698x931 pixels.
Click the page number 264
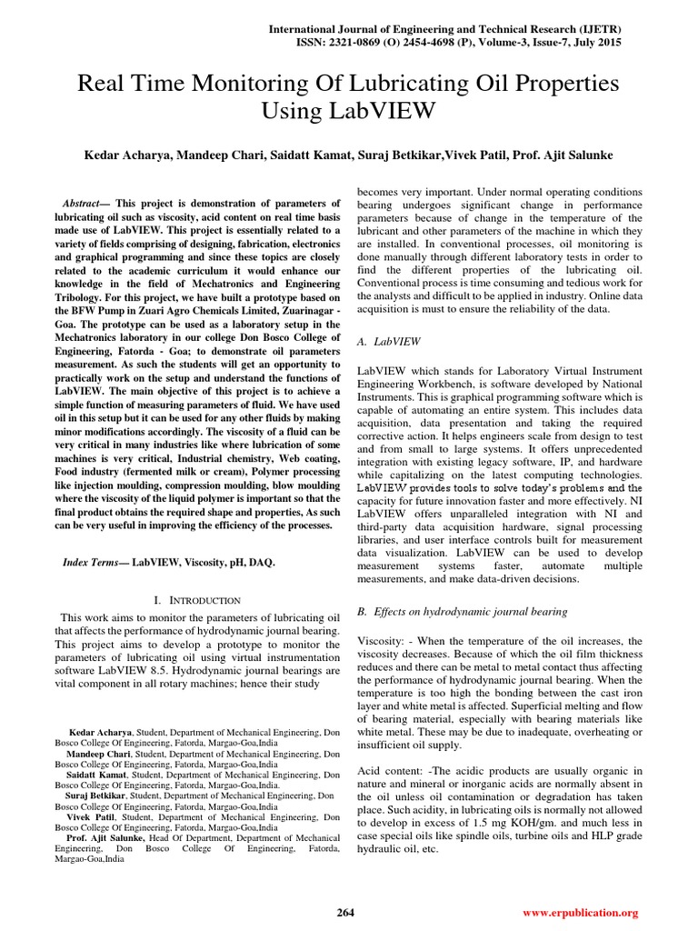(x=344, y=912)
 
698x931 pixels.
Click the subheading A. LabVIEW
(x=388, y=342)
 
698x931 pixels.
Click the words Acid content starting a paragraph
(x=393, y=771)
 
